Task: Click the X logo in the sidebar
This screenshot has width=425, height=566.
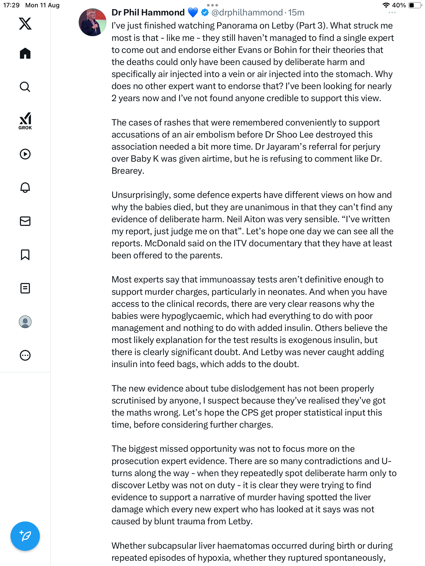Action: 25,24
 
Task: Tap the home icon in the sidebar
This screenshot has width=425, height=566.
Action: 25,53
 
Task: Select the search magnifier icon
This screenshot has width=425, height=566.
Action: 25,87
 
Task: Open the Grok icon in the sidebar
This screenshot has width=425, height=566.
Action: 25,121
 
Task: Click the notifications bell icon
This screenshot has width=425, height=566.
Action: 25,187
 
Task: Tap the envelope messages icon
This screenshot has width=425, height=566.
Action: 25,221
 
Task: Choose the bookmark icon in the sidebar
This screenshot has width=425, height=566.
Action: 25,255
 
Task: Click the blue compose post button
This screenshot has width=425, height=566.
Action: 25,536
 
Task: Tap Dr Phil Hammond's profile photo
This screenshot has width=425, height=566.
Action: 92,22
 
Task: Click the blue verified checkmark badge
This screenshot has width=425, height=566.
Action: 205,12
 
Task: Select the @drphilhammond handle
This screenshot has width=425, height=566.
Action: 247,12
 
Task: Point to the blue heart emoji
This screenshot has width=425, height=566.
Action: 193,12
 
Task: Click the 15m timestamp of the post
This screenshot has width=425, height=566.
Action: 296,12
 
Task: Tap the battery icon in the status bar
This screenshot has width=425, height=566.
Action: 414,5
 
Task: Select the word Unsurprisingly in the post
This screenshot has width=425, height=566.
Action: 141,195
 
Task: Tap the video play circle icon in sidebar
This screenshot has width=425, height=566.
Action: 25,154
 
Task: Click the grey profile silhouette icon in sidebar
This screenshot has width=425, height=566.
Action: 25,322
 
